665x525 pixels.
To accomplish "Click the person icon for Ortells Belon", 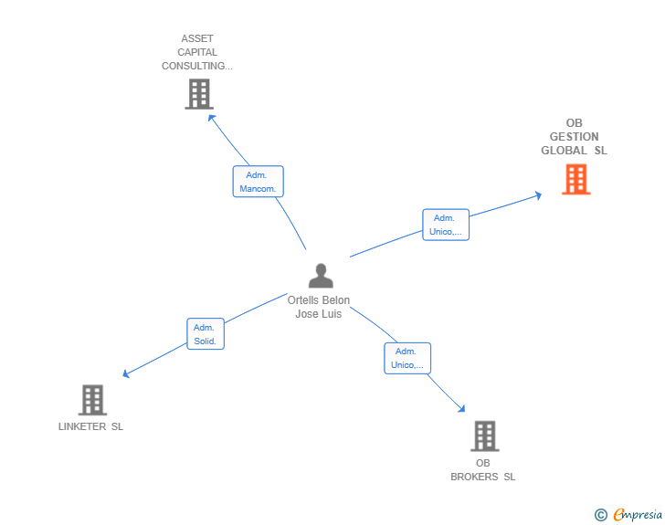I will [321, 276].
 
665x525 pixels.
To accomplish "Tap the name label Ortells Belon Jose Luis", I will [319, 307].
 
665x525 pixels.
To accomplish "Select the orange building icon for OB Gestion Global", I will [575, 179].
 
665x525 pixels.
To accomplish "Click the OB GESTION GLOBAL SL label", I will [574, 137].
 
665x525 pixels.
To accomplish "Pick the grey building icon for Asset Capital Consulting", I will [198, 93].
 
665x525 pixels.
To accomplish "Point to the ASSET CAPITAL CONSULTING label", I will [197, 52].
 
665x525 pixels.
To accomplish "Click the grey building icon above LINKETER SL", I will [92, 400].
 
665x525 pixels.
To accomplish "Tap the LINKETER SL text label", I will [90, 426].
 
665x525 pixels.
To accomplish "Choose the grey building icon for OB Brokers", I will [484, 436].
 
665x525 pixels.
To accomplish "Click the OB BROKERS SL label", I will [482, 469].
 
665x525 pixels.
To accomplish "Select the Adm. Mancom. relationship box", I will [258, 181].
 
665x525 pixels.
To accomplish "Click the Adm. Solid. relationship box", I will [206, 333].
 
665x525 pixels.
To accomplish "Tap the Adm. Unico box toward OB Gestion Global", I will [445, 225].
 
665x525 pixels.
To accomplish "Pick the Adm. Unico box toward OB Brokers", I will [406, 358].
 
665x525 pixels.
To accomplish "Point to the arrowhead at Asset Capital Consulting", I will [211, 117].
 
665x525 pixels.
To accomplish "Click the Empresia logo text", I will [638, 515].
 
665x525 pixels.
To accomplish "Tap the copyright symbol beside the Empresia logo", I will [600, 515].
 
